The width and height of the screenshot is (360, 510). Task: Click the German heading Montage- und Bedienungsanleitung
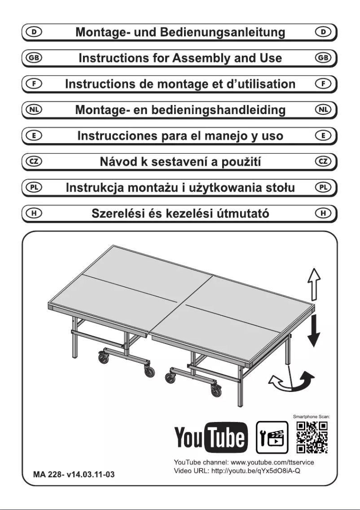pos(180,32)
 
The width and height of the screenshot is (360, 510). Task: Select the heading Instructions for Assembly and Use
pos(180,58)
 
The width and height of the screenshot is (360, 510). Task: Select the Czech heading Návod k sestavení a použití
pos(180,162)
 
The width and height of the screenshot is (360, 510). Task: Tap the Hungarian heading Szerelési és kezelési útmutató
pos(180,213)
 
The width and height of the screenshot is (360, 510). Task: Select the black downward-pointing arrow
pos(314,330)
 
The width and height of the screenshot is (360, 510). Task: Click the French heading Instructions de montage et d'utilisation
pos(180,84)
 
